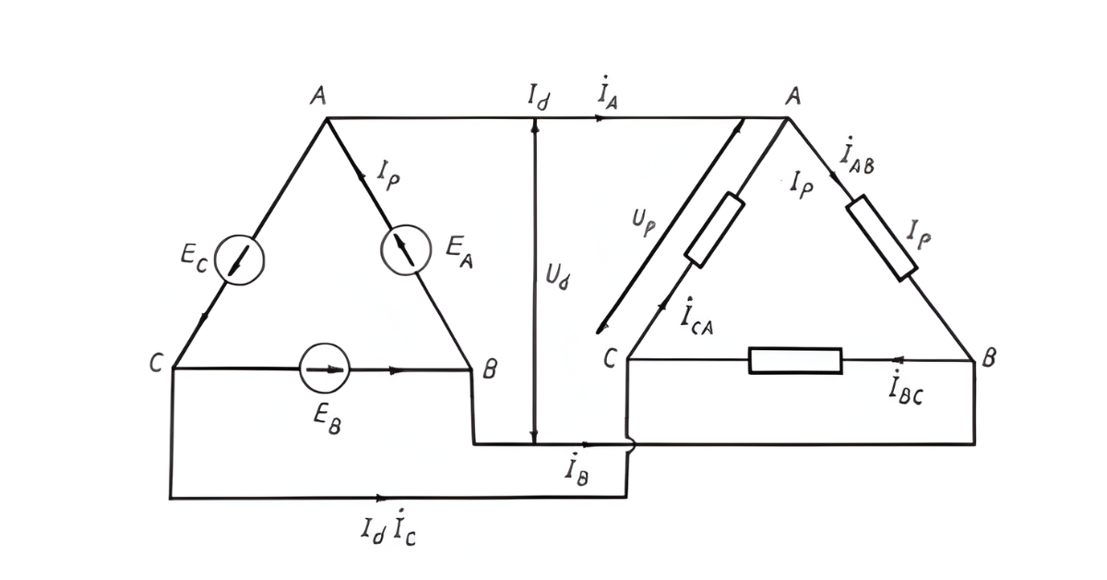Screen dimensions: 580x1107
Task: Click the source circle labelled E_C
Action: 239,260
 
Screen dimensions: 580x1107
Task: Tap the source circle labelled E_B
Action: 325,369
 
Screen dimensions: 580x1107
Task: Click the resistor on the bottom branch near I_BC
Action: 794,360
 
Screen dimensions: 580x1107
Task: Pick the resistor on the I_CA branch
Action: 714,230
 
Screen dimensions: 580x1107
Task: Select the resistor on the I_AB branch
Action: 881,237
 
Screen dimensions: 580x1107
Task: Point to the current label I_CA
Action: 698,317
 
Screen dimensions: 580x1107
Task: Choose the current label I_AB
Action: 857,158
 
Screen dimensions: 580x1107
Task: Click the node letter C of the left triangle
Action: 156,365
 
